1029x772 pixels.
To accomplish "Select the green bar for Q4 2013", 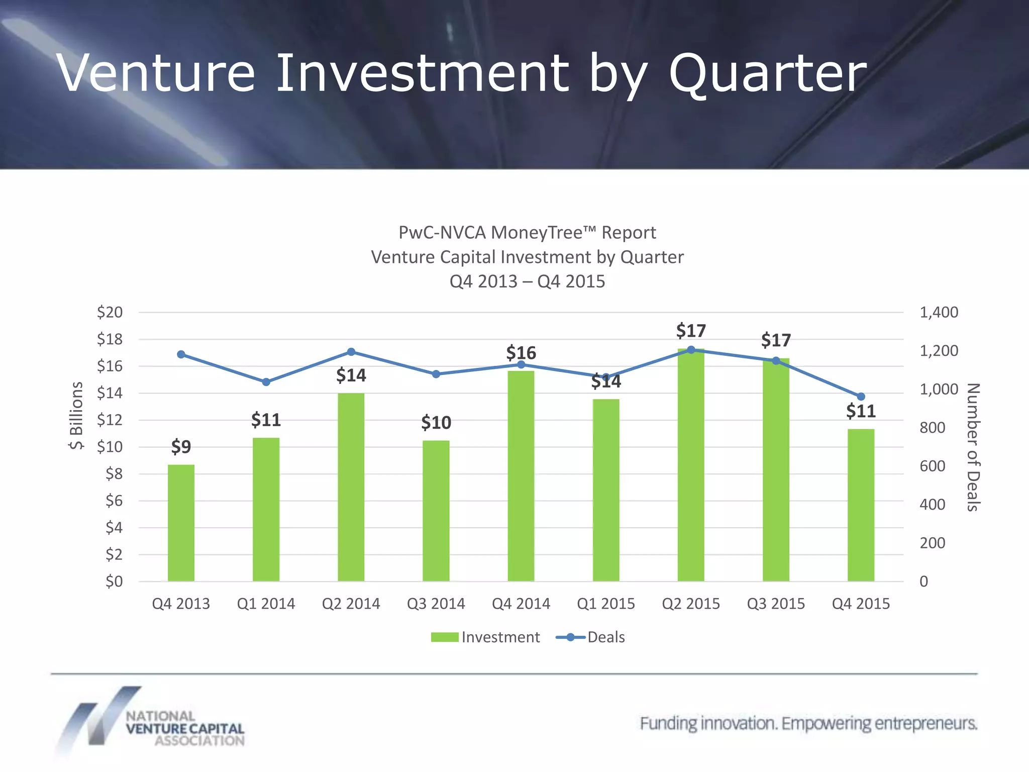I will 181,523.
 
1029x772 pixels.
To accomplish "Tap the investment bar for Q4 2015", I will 861,505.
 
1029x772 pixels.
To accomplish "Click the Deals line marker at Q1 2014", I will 266,382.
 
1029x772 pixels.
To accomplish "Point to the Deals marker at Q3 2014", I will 436,374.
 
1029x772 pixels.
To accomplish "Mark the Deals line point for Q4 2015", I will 861,397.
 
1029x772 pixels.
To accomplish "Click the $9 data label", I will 181,446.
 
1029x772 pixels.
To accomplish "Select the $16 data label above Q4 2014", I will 521,352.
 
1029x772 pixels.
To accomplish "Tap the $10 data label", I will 436,422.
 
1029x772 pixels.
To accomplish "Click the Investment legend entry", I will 485,637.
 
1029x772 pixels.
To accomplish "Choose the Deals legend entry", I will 591,637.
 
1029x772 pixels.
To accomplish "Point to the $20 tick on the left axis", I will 110,312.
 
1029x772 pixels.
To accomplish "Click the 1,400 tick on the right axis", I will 939,312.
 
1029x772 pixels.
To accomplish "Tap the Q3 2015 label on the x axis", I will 776,603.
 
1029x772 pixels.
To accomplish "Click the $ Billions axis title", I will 76,415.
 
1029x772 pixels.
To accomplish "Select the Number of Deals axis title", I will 973,447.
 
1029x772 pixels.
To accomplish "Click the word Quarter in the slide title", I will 767,73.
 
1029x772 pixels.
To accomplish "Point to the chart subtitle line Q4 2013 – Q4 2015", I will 527,281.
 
